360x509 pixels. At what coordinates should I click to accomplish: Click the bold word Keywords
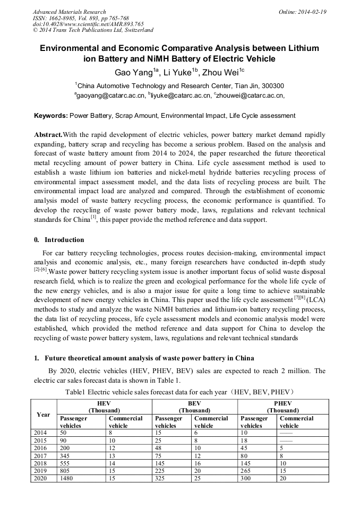[x=51, y=115]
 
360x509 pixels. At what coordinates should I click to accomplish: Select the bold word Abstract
[x=48, y=135]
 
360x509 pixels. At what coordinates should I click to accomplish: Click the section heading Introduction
[x=64, y=240]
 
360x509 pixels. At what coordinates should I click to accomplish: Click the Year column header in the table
[x=44, y=415]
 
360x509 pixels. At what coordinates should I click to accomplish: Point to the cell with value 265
[x=246, y=471]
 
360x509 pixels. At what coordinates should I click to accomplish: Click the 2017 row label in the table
[x=40, y=455]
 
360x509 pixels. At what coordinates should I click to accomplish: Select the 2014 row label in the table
[x=40, y=433]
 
